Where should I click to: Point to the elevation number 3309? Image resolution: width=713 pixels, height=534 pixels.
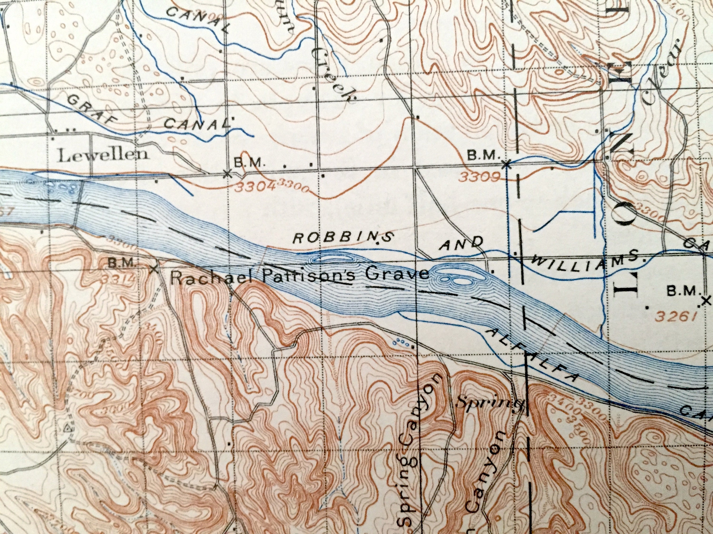(x=480, y=176)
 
